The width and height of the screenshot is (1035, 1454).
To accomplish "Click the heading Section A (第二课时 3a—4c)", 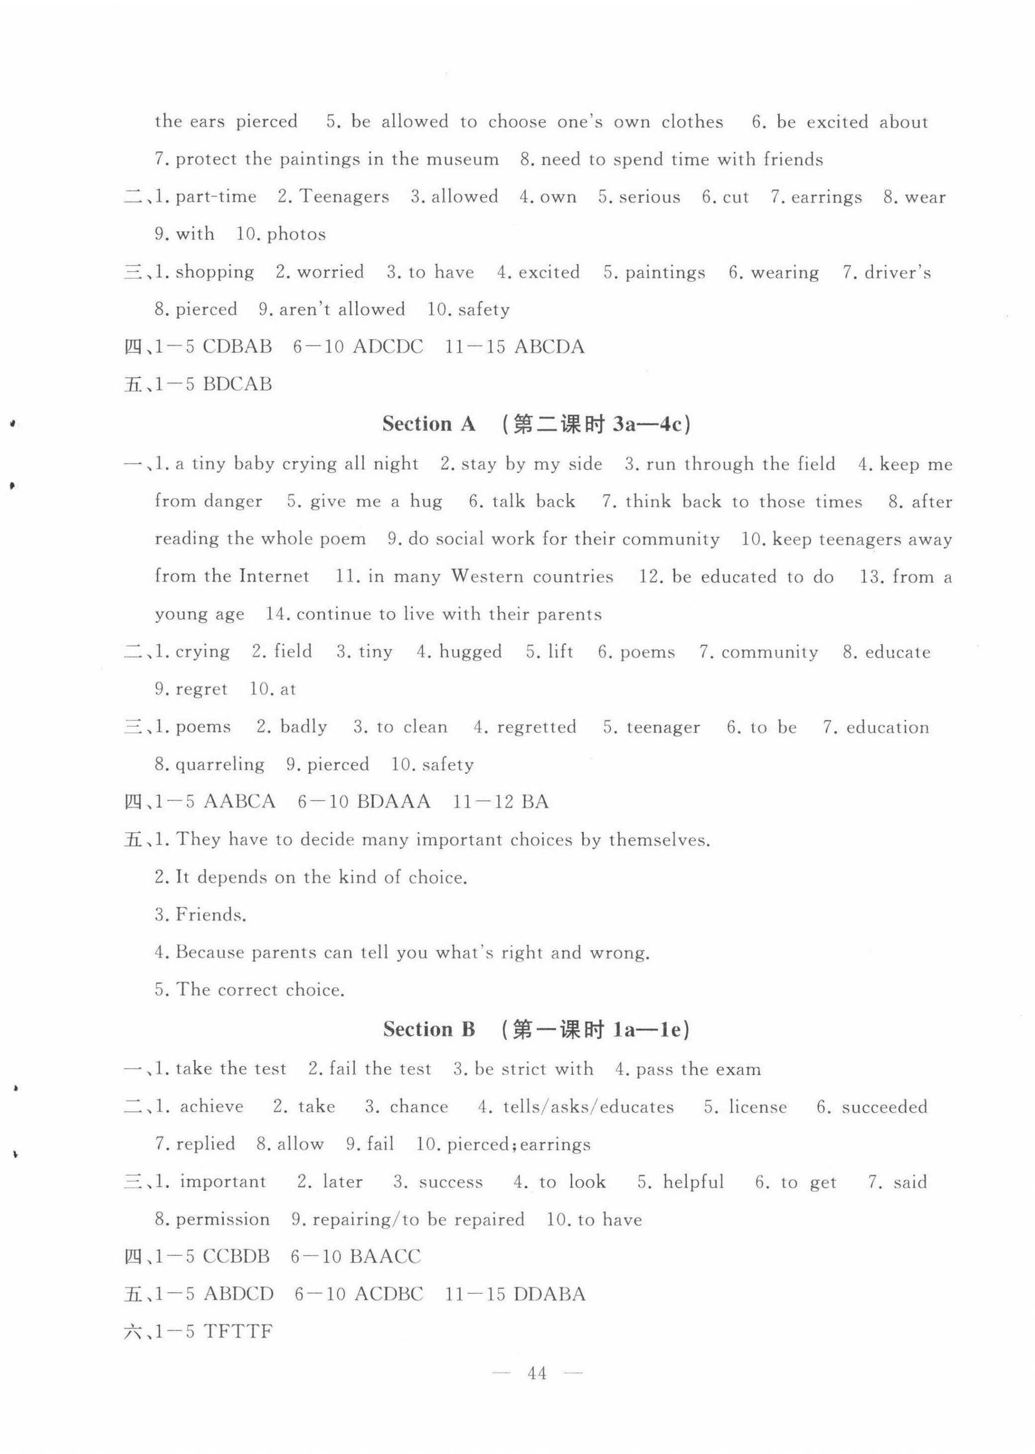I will [536, 425].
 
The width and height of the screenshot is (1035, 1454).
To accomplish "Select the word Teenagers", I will [344, 197].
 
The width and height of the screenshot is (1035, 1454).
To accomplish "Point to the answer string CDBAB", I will [237, 347].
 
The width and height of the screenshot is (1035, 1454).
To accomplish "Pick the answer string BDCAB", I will [237, 384].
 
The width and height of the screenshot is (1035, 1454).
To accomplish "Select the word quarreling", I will [220, 764].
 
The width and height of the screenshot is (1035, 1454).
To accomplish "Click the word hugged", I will [470, 652].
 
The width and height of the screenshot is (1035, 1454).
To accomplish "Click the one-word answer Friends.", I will [211, 915].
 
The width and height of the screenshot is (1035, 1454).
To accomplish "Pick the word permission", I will [222, 1220].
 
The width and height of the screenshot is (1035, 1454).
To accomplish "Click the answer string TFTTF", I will [238, 1332].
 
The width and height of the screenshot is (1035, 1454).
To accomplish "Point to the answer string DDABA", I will [549, 1295].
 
